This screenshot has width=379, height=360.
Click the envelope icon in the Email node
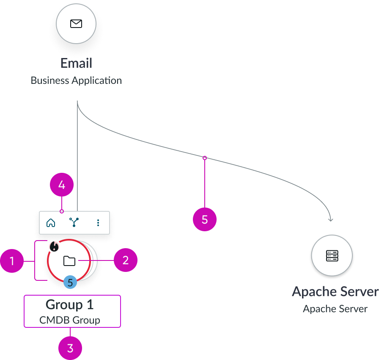click(x=76, y=24)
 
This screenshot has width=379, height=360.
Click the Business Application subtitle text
click(x=76, y=80)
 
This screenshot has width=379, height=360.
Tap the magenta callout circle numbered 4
click(x=62, y=186)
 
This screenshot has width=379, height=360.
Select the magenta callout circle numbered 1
click(x=12, y=261)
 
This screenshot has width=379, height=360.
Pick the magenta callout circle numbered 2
click(x=126, y=260)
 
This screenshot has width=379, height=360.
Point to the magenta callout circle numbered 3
click(x=70, y=349)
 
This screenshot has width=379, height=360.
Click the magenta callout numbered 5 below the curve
click(x=205, y=219)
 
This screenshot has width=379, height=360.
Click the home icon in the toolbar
click(x=51, y=222)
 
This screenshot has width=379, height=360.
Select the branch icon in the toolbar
click(x=74, y=222)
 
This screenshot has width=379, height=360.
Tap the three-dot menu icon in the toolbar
click(x=98, y=222)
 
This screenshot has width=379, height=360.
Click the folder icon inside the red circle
click(x=69, y=261)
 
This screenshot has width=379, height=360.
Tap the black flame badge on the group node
click(x=54, y=246)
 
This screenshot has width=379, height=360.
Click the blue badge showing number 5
click(x=70, y=282)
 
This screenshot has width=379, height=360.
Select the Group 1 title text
click(x=70, y=305)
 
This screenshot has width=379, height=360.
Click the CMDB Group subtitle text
click(x=70, y=320)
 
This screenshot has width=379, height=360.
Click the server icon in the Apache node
click(x=332, y=255)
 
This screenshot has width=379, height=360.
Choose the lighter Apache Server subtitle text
click(x=335, y=309)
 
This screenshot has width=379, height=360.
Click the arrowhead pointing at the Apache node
click(x=331, y=219)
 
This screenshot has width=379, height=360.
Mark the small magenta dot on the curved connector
click(x=205, y=158)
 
